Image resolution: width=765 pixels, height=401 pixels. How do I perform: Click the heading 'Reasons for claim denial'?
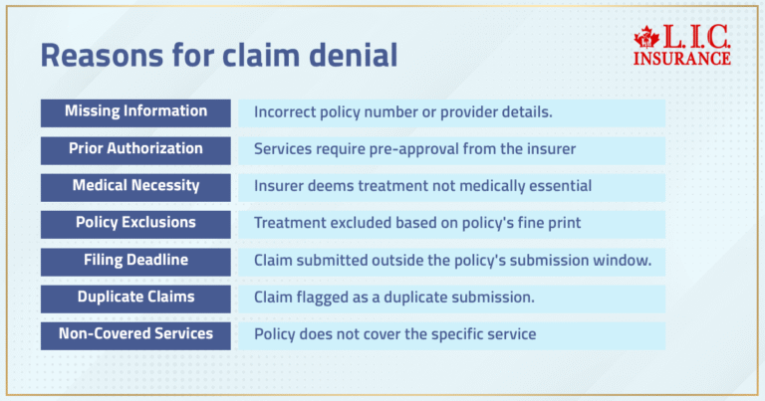[218, 56]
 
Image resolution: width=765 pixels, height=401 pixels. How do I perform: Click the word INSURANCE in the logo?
[681, 59]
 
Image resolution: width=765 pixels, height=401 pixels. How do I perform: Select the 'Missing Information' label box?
[135, 111]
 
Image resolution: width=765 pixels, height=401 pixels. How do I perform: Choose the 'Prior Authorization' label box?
[135, 149]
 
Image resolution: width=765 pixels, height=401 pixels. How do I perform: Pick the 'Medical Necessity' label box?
[135, 186]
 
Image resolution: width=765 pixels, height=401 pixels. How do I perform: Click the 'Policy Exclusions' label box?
[135, 223]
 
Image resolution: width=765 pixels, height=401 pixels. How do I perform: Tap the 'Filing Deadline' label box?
[135, 261]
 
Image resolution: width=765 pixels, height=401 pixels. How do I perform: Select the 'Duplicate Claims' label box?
[135, 298]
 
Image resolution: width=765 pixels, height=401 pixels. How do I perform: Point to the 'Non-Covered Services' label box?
[135, 334]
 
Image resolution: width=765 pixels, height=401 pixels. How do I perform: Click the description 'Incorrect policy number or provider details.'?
[403, 112]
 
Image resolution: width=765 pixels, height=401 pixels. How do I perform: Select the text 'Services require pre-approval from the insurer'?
[414, 149]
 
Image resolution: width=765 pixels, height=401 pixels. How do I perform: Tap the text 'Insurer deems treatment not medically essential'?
[422, 186]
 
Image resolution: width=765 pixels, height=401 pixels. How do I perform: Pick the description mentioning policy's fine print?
[416, 224]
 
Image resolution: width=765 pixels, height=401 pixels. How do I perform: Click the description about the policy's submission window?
[452, 261]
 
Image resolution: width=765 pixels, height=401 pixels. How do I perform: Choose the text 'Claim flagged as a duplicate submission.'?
[394, 298]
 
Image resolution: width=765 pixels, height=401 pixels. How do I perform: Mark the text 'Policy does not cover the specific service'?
[394, 335]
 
